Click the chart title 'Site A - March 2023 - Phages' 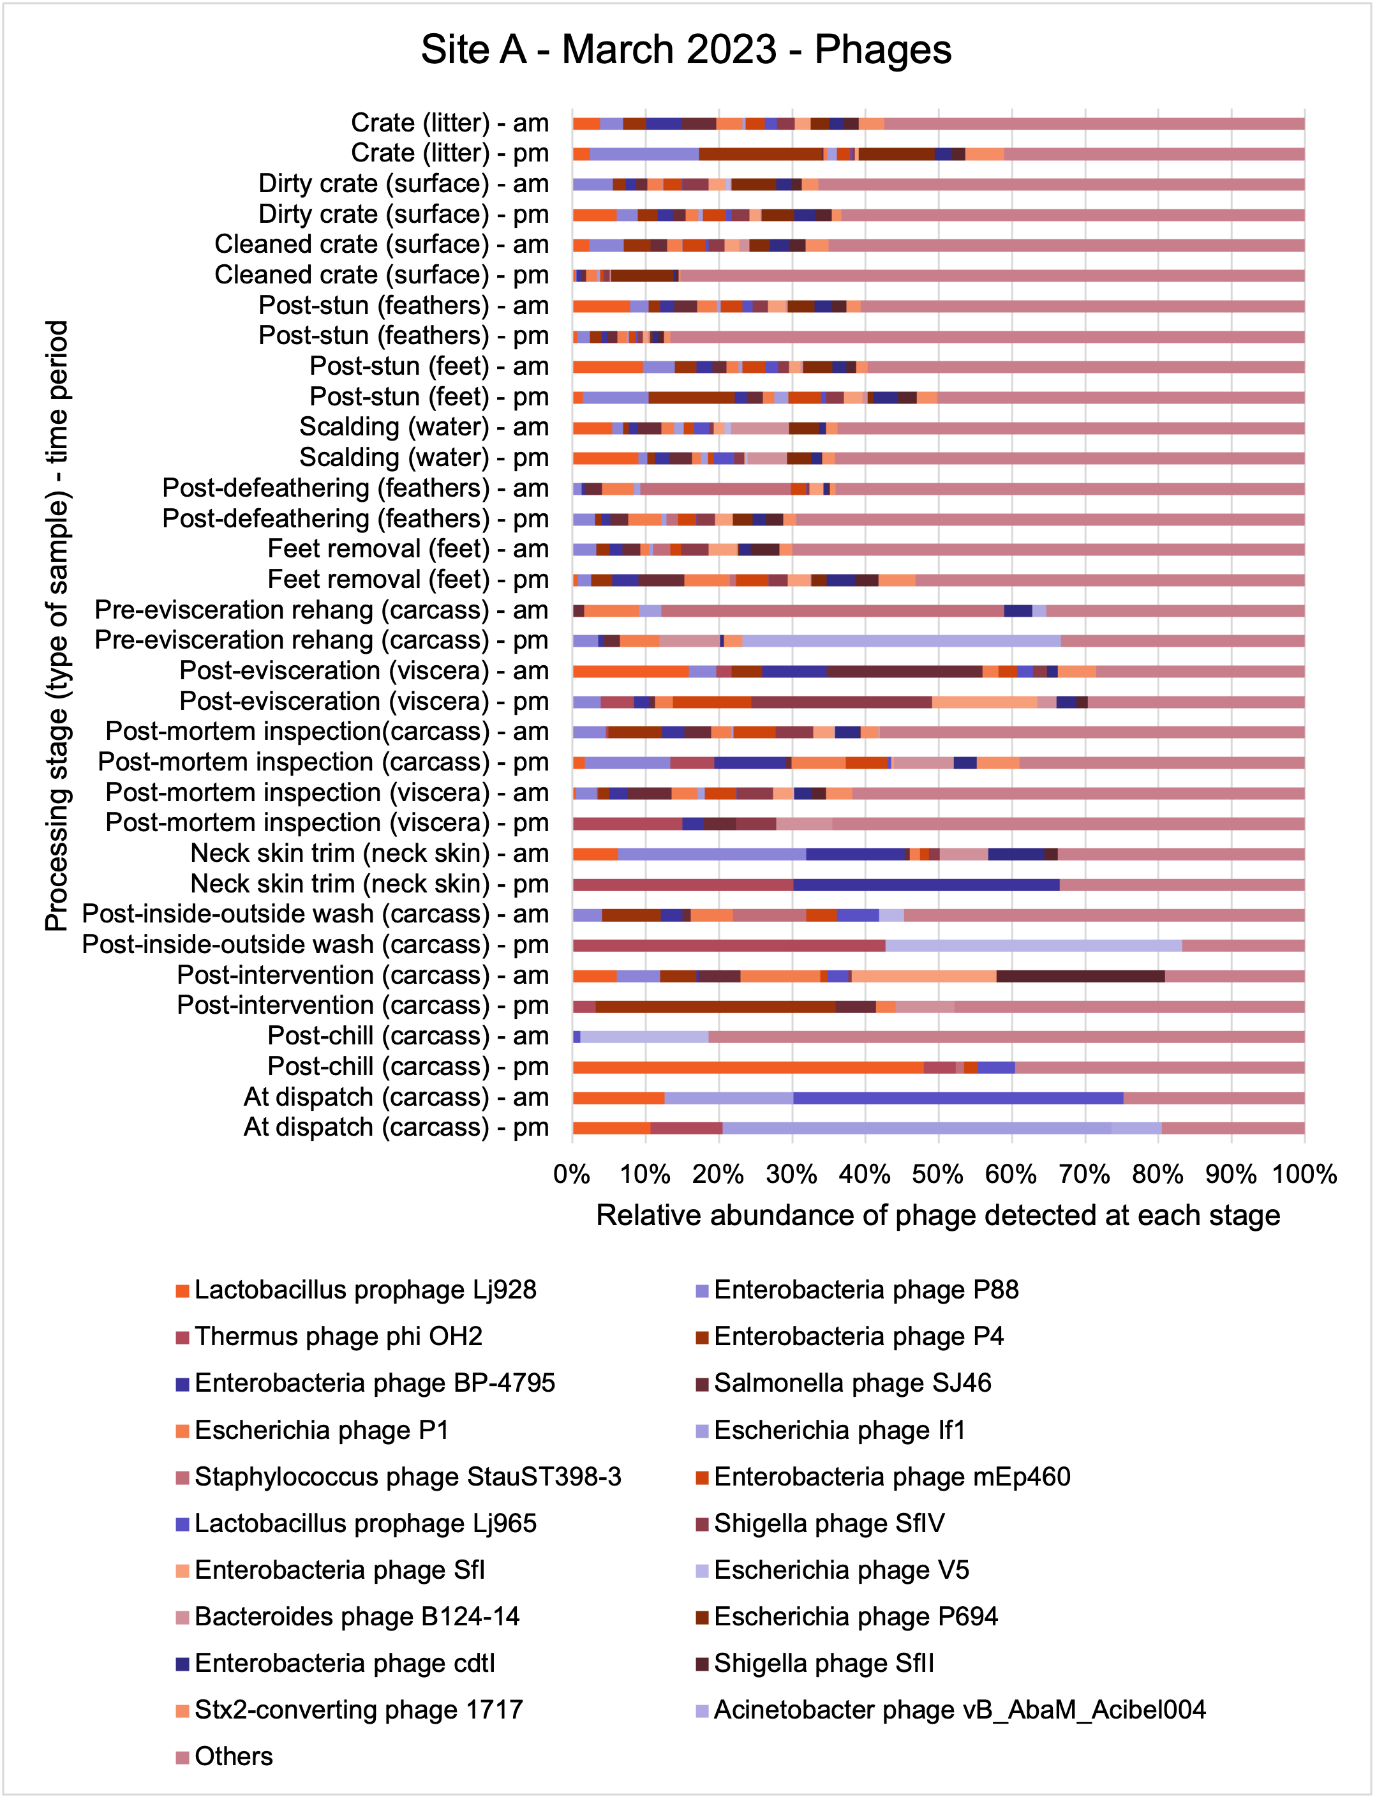coord(686,49)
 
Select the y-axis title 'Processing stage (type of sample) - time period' coord(57,626)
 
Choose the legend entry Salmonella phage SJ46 coord(844,1383)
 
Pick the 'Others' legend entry coord(225,1756)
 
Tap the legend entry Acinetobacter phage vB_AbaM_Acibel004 coord(951,1710)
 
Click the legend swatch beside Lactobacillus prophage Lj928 coord(182,1291)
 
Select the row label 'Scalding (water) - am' coord(424,427)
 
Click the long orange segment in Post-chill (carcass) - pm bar coord(748,1067)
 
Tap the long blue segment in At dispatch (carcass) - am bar coord(958,1098)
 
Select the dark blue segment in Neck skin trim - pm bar coord(927,885)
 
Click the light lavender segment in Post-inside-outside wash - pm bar coord(1034,945)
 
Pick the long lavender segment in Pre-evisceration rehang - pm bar coord(902,641)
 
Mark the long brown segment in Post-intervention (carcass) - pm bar coord(715,1007)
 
